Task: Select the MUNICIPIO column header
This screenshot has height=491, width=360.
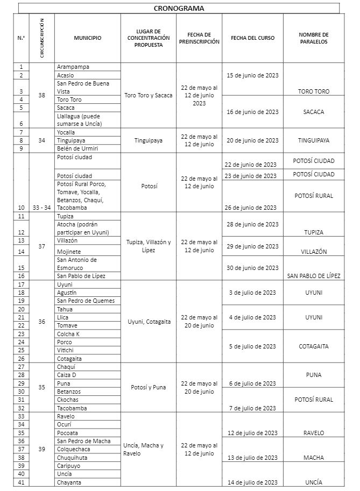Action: tap(87, 38)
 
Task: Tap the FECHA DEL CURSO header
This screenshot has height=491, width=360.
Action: tap(252, 38)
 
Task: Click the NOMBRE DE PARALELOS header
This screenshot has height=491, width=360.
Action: tap(313, 38)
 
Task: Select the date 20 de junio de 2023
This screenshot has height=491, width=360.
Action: tap(252, 140)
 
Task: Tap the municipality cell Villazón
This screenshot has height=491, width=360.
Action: tap(67, 241)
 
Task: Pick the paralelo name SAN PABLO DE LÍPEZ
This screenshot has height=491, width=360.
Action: tap(314, 276)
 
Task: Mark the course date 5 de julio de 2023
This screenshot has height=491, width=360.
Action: tap(252, 346)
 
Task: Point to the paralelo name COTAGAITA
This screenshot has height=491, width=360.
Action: tap(313, 346)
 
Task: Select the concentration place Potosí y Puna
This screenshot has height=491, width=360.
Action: tap(148, 387)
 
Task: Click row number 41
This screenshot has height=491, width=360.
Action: tap(22, 482)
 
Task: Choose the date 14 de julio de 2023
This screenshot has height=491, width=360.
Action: tap(252, 482)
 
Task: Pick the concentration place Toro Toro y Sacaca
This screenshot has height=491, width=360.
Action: tap(148, 95)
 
